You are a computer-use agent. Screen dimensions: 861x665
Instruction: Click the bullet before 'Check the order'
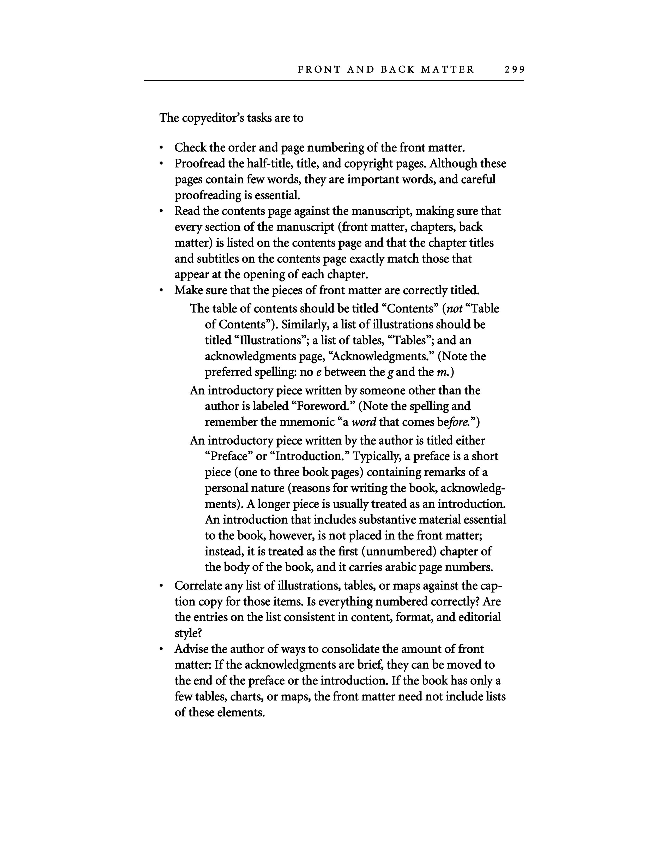pos(161,148)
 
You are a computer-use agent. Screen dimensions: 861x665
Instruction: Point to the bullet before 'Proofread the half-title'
pos(161,164)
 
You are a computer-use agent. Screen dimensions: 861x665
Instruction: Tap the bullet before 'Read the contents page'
pos(161,212)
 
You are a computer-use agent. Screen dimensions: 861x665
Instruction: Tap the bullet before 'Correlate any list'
pos(161,586)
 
